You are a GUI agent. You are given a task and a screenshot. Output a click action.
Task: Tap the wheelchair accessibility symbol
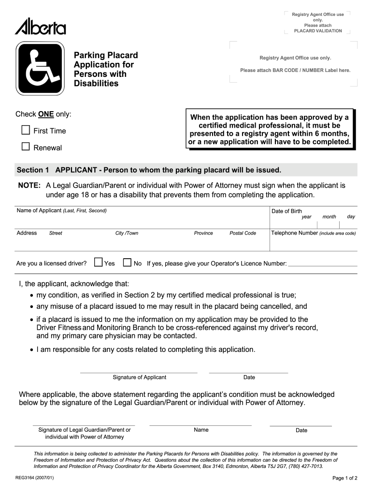point(41,69)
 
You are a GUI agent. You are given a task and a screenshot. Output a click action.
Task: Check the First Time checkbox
point(26,130)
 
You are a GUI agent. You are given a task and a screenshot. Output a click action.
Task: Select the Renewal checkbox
point(26,146)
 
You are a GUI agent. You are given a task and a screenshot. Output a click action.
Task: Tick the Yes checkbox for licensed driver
point(98,262)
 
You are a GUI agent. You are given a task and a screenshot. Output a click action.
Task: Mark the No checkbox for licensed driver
point(127,262)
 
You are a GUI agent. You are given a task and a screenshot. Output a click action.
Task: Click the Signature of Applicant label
point(139,377)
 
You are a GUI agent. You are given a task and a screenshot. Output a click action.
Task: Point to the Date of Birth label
point(286,211)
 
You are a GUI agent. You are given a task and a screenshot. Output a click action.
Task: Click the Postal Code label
point(243,233)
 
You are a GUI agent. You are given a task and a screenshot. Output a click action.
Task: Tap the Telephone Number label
point(294,233)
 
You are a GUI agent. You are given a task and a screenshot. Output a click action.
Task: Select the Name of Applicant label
point(39,211)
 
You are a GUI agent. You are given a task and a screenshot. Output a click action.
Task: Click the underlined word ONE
point(46,114)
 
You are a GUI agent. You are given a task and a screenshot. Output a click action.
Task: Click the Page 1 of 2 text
point(345,478)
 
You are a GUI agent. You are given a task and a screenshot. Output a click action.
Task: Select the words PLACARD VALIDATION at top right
point(318,31)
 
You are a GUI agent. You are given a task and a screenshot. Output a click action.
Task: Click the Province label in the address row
point(203,233)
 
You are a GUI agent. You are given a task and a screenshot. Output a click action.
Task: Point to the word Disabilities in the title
point(96,83)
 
